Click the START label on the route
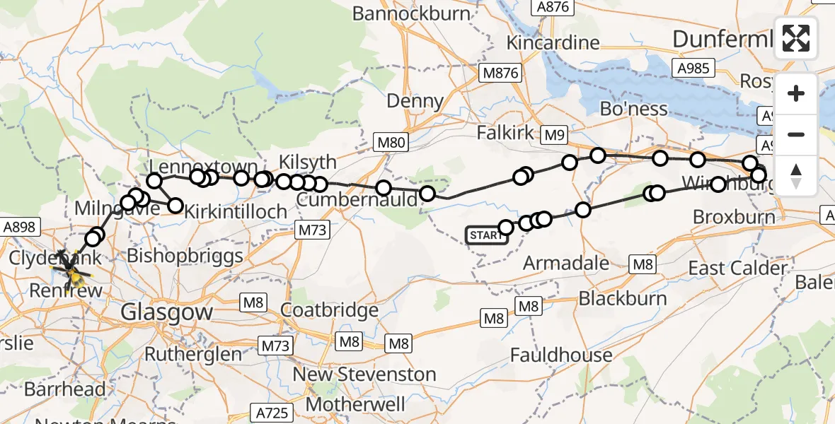pyautogui.click(x=487, y=235)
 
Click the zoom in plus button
pyautogui.click(x=796, y=94)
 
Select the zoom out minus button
pyautogui.click(x=796, y=134)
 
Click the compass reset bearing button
pyautogui.click(x=796, y=175)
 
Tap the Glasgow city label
pyautogui.click(x=167, y=312)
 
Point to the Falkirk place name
pyautogui.click(x=506, y=133)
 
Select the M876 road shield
pyautogui.click(x=500, y=73)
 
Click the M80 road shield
pyautogui.click(x=390, y=143)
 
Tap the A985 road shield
pyautogui.click(x=693, y=68)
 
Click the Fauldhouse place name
pyautogui.click(x=561, y=354)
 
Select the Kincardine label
pyautogui.click(x=553, y=42)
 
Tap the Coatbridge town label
pyautogui.click(x=329, y=310)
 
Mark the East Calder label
pyautogui.click(x=738, y=269)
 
